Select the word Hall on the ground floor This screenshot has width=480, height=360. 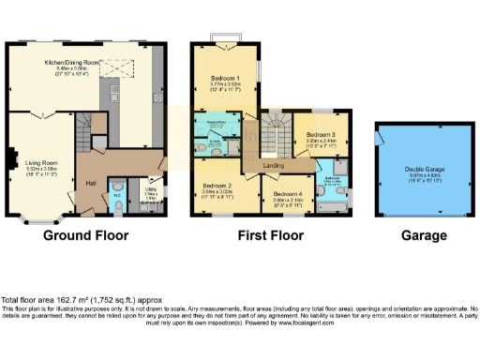pyautogui.click(x=91, y=184)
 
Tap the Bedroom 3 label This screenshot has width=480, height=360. pyautogui.click(x=320, y=134)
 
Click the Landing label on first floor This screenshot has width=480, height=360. pyautogui.click(x=275, y=167)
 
